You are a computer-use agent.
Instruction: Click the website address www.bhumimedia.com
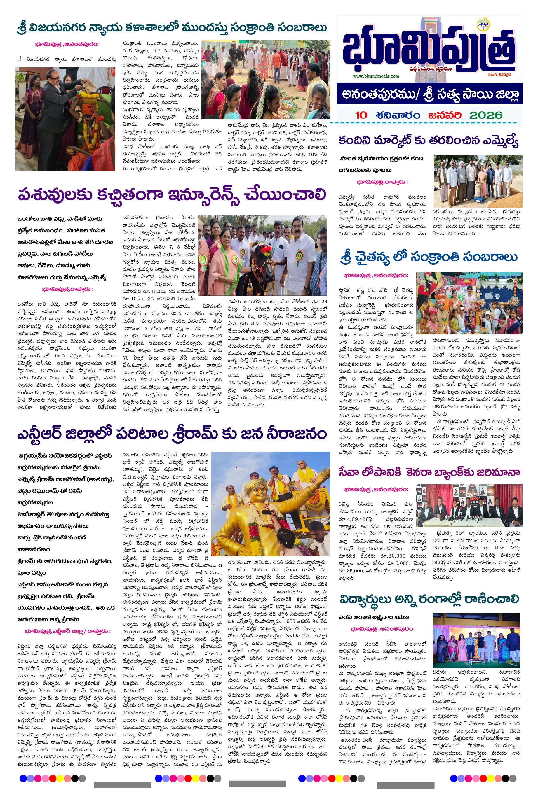[x=376, y=76]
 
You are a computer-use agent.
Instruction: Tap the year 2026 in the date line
[x=485, y=115]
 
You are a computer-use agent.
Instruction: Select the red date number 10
[x=361, y=115]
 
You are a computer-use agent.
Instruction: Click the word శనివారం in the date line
[x=398, y=115]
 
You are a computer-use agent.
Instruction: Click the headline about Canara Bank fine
[x=429, y=472]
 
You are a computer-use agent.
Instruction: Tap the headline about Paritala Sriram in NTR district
[x=172, y=434]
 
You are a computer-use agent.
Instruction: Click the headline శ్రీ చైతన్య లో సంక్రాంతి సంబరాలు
[x=429, y=257]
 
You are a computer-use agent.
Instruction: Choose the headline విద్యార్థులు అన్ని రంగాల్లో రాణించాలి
[x=429, y=599]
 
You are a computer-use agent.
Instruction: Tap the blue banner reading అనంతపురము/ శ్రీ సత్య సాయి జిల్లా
[x=430, y=94]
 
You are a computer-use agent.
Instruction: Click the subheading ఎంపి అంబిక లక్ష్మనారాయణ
[x=374, y=617]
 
